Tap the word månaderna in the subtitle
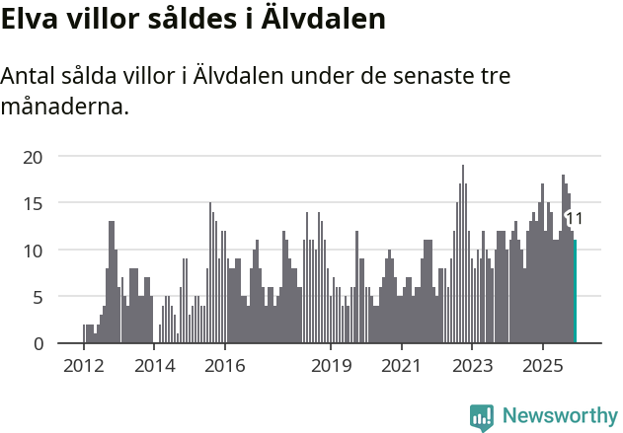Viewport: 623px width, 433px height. (65, 106)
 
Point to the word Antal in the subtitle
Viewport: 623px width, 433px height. (31, 76)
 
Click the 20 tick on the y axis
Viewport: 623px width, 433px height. (33, 156)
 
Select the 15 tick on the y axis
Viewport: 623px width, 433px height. (33, 203)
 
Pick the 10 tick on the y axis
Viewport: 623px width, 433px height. (33, 250)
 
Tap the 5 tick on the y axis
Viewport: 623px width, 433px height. (38, 297)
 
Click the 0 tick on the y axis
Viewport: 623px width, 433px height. (38, 343)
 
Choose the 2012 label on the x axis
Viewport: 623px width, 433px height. (83, 366)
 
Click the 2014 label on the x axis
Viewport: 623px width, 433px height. (154, 366)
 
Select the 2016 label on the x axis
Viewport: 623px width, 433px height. (225, 366)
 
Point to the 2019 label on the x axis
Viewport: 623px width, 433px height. (331, 366)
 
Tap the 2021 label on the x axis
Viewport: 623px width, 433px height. (401, 366)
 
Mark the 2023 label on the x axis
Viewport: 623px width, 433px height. (472, 366)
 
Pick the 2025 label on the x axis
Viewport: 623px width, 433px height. (543, 366)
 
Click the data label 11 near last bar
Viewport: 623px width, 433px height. (574, 219)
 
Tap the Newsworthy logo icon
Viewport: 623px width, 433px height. (482, 416)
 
